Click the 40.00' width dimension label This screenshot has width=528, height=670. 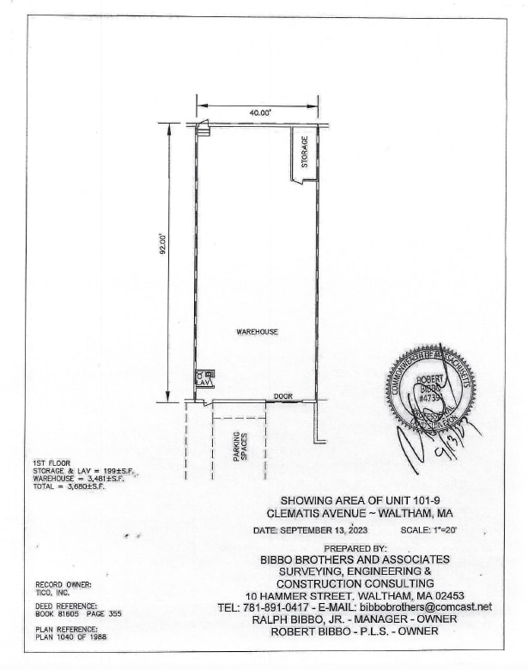click(x=259, y=112)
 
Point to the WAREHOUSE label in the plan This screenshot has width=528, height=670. click(x=258, y=332)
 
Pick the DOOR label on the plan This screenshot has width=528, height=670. click(x=283, y=395)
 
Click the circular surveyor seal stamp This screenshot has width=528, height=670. click(x=430, y=389)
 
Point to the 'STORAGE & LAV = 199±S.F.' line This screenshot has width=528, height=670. click(x=80, y=471)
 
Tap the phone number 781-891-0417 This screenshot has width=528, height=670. click(x=275, y=607)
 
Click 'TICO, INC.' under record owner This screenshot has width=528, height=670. click(x=54, y=592)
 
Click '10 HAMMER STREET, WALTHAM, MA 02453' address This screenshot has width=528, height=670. click(x=355, y=595)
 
